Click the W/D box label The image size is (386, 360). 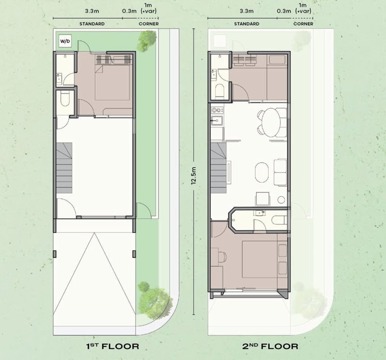[65, 42]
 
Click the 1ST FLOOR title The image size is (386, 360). [112, 346]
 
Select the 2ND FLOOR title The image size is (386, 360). [270, 346]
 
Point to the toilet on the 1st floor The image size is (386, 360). [65, 98]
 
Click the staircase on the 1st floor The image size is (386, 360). [64, 168]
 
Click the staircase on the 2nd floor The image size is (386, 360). [219, 168]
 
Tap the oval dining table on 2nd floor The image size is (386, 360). [271, 123]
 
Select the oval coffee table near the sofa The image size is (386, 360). [262, 172]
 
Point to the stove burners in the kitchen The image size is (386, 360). [217, 110]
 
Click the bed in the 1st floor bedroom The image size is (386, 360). [112, 83]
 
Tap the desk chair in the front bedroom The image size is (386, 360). [222, 257]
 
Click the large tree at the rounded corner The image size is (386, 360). [153, 299]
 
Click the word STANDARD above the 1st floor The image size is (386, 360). [92, 24]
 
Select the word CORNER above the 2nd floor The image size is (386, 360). [303, 24]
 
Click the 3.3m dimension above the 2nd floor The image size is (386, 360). [247, 11]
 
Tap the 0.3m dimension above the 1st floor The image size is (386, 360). [129, 11]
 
